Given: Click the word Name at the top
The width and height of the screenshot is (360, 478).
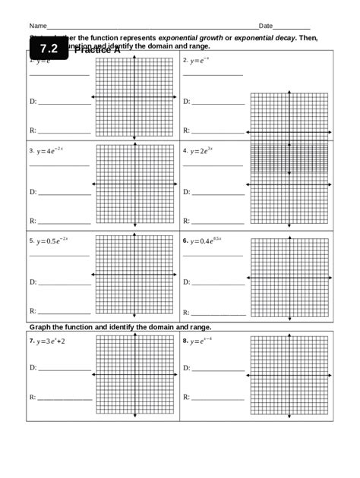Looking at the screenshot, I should pos(38,26).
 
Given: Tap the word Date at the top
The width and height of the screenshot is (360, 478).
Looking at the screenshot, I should pos(266,26).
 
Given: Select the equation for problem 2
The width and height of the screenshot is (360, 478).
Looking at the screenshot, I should pos(200,60).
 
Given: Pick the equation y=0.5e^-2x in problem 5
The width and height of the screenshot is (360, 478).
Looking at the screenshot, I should pos(52,241).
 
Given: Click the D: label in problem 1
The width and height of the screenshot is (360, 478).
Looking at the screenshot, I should pos(33,101).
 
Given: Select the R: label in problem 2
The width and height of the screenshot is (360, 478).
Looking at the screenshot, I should pos(185,131).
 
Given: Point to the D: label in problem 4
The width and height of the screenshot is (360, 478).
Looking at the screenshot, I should pos(186,192).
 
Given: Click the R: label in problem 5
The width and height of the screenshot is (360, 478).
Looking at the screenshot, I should pos(33,311).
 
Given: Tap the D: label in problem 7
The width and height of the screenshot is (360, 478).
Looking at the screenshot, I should pos(33,367).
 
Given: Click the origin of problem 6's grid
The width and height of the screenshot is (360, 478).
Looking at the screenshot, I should pos(289,278).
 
